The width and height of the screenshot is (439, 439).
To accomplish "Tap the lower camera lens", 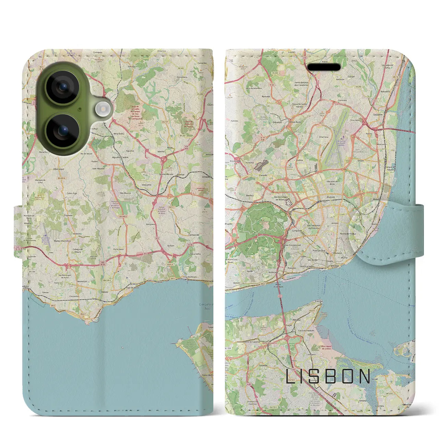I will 63,131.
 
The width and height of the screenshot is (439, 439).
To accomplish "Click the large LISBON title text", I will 328,377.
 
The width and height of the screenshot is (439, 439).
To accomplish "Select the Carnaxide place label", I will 194,235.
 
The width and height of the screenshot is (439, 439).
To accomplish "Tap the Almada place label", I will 296,319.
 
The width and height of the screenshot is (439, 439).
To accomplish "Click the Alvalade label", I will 331,197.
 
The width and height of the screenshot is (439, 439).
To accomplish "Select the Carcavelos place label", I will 74,296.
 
